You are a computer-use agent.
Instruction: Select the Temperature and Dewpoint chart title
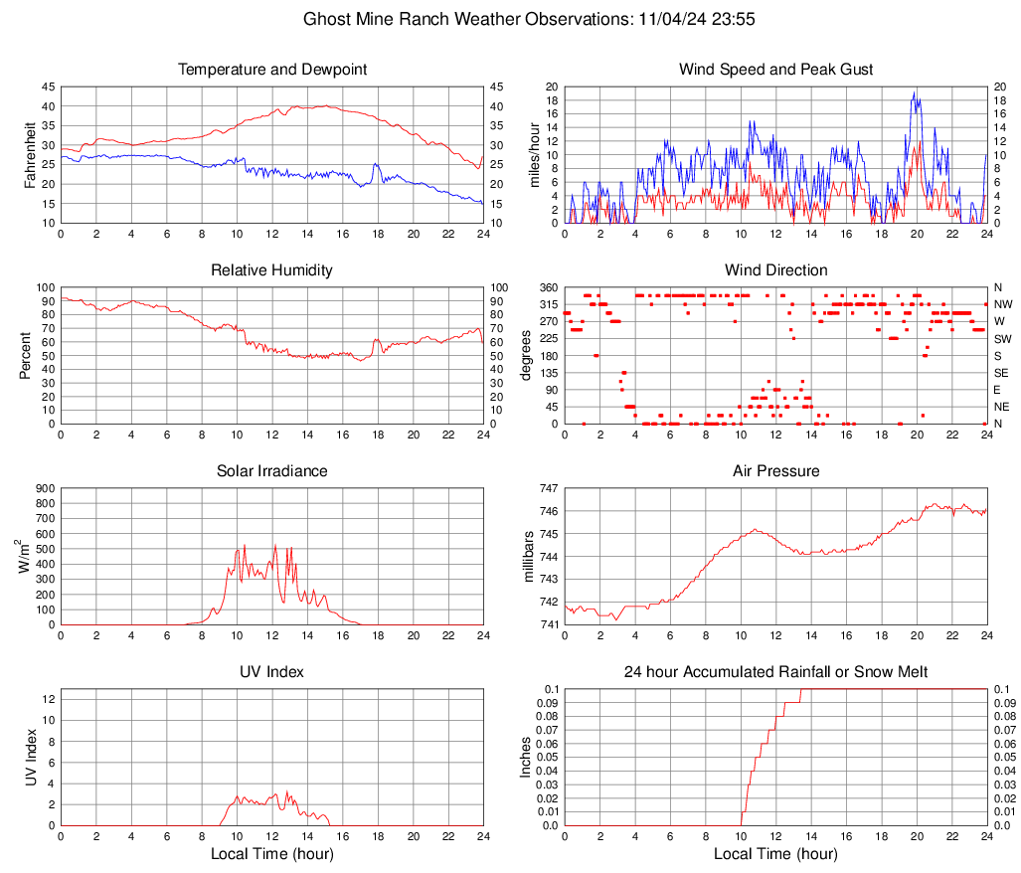[x=272, y=70]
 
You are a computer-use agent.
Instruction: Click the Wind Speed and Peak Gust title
[x=776, y=70]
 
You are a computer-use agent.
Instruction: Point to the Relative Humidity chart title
[x=272, y=270]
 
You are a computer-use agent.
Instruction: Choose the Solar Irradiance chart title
[x=272, y=471]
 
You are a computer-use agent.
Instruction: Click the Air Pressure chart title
[x=776, y=471]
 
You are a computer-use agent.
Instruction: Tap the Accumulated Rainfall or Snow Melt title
[x=776, y=672]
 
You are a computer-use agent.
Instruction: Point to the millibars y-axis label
[x=529, y=556]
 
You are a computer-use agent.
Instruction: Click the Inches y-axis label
[x=526, y=757]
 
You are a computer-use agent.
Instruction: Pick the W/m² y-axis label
[x=21, y=556]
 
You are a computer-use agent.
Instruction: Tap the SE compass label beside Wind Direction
[x=1001, y=373]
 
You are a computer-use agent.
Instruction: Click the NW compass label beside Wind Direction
[x=1002, y=304]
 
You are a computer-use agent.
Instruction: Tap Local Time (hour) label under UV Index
[x=272, y=854]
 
